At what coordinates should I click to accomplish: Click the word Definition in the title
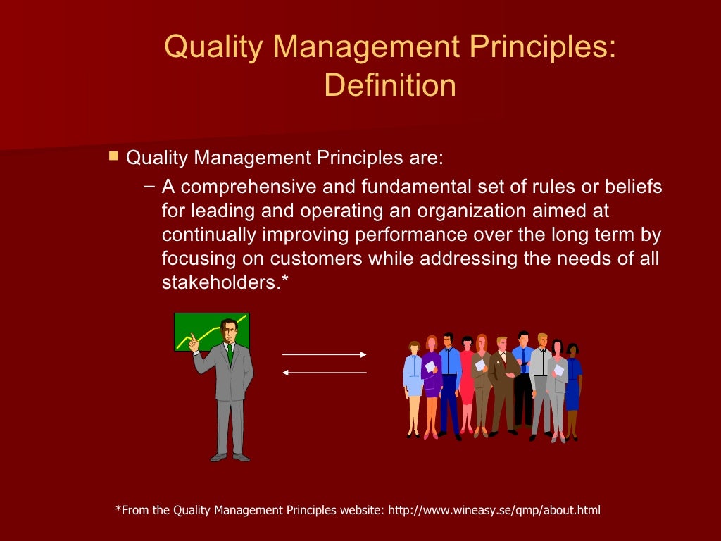(x=389, y=86)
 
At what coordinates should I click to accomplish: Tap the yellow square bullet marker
(x=113, y=155)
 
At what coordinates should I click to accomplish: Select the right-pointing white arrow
(x=325, y=354)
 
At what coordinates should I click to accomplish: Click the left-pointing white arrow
(x=325, y=372)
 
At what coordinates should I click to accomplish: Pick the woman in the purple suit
(x=431, y=380)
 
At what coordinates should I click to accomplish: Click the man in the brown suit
(x=503, y=380)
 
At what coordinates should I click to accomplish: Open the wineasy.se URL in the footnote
(x=495, y=510)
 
